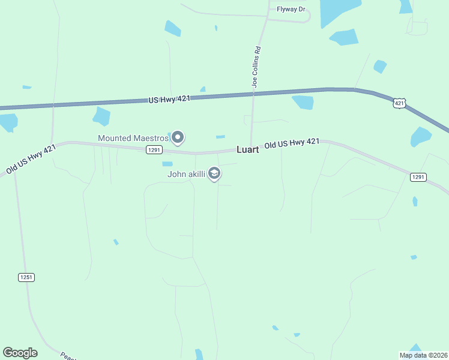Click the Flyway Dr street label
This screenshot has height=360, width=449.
[291, 9]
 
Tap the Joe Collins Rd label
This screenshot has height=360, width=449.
[256, 68]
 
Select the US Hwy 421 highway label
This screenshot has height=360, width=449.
[169, 99]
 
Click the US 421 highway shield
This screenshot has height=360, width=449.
[400, 103]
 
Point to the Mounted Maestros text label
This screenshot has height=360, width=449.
[133, 138]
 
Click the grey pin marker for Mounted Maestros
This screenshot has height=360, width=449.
[178, 138]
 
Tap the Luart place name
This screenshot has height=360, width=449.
[247, 149]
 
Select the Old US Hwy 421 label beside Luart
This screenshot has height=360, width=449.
[292, 143]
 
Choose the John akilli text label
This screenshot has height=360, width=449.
[186, 175]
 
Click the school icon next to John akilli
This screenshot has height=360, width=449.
[214, 174]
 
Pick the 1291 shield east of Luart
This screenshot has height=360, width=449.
[418, 177]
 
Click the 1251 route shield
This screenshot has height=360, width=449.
[26, 277]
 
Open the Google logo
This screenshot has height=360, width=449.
[20, 353]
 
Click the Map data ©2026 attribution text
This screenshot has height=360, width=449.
[423, 355]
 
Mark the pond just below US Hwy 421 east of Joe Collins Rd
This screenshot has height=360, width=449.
[303, 102]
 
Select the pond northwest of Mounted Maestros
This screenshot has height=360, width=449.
[101, 116]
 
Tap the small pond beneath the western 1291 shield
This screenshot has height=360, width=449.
[167, 164]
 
